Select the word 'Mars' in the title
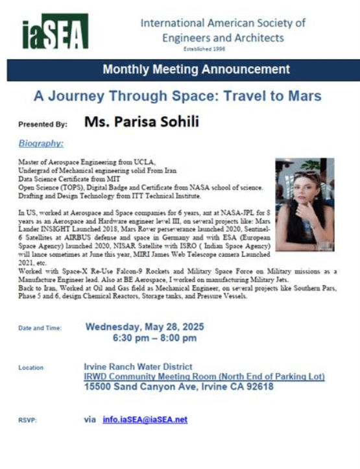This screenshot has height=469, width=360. (306, 97)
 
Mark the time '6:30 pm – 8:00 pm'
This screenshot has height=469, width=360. (154, 338)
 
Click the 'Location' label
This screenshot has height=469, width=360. (30, 368)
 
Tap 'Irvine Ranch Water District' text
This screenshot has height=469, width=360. (134, 367)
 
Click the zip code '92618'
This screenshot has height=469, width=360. (259, 388)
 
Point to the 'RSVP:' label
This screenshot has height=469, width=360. (28, 420)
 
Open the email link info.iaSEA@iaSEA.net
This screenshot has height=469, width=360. (145, 420)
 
